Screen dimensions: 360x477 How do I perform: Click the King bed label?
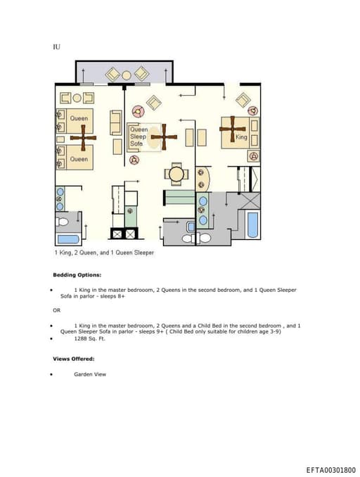pyautogui.click(x=241, y=137)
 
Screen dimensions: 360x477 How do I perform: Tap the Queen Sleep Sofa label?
pyautogui.click(x=139, y=136)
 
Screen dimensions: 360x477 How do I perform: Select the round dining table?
pyautogui.click(x=176, y=174)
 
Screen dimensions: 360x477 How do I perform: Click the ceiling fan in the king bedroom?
pyautogui.click(x=233, y=129)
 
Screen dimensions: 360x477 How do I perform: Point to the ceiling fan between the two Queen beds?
pyautogui.click(x=83, y=138)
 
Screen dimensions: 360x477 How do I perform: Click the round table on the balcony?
pyautogui.click(x=127, y=75)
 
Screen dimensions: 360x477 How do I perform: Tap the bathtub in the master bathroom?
pyautogui.click(x=252, y=225)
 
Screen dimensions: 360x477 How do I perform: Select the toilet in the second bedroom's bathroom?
pyautogui.click(x=62, y=222)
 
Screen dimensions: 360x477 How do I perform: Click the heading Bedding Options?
pyautogui.click(x=77, y=275)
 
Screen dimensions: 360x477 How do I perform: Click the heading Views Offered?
pyautogui.click(x=74, y=359)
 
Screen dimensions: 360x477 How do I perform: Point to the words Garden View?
pyautogui.click(x=90, y=374)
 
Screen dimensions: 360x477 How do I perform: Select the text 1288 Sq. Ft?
pyautogui.click(x=90, y=338)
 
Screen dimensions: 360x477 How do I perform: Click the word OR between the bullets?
pyautogui.click(x=56, y=310)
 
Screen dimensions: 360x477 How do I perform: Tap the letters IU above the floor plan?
pyautogui.click(x=56, y=47)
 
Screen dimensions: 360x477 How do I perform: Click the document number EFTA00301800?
pyautogui.click(x=330, y=470)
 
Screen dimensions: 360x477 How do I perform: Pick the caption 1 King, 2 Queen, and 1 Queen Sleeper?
pyautogui.click(x=104, y=253)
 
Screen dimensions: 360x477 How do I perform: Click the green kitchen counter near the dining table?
pyautogui.click(x=180, y=197)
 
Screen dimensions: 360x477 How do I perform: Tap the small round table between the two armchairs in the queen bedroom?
pyautogui.click(x=77, y=98)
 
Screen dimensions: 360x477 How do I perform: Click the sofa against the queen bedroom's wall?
pyautogui.click(x=116, y=122)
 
